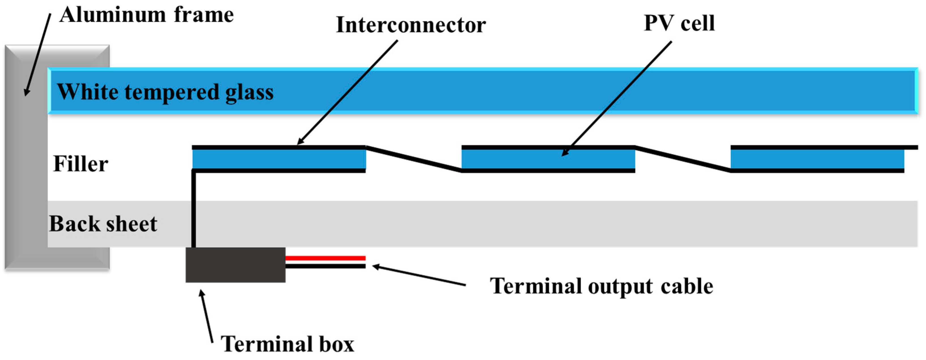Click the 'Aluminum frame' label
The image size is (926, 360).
pos(147,15)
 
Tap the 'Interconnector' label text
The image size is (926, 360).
pos(411,25)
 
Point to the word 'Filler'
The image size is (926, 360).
pos(81,164)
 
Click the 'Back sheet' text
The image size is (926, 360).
pos(103,224)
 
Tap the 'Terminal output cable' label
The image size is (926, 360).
pos(601,286)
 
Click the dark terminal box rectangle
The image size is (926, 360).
pos(235,265)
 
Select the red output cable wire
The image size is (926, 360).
pos(325,258)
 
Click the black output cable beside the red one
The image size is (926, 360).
pos(325,266)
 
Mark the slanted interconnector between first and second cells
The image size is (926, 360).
pos(413,158)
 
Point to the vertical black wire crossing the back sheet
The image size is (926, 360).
pos(194,216)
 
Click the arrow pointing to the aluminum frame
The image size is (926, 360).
pos(37,54)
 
